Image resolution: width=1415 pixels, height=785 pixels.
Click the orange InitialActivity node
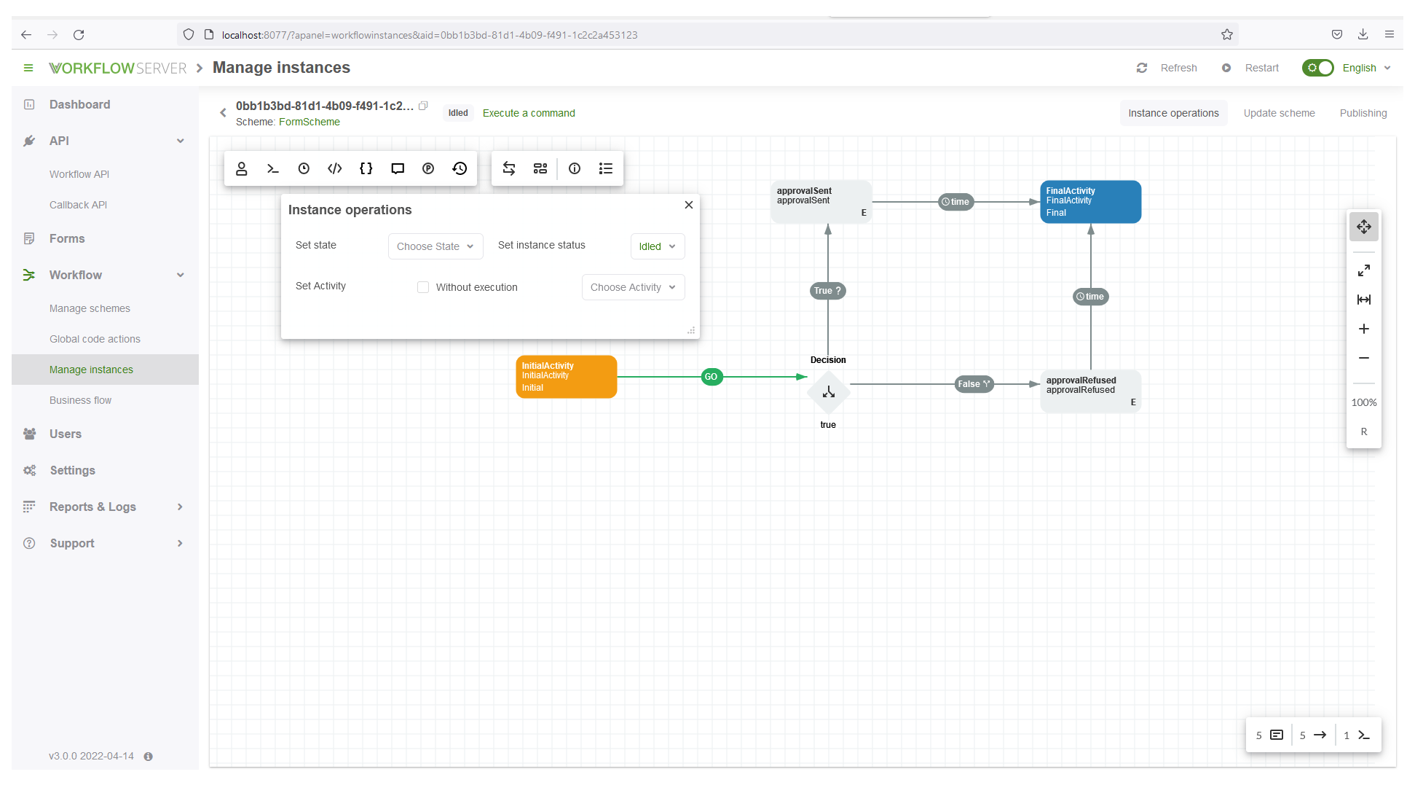566,376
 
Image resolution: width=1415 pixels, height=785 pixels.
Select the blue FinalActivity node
1090,202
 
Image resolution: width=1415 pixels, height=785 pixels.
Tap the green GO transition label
711,377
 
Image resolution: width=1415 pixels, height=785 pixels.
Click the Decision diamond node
828,392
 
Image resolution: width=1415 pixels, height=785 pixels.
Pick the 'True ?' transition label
827,291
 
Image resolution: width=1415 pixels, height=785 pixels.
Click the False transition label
974,384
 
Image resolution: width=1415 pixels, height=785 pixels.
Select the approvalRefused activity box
1090,391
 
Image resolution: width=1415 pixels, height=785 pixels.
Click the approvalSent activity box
821,202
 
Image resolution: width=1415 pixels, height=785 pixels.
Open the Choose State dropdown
435,246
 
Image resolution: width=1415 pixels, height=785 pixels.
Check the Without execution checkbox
423,287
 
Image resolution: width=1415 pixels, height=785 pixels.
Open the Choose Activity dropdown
632,287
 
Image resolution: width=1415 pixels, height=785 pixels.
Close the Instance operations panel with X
688,205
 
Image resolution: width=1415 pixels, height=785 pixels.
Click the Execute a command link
528,113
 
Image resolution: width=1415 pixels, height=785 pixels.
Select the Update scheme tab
1278,113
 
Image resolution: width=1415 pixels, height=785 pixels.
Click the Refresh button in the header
1167,68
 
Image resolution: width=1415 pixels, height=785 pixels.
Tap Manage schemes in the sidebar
90,308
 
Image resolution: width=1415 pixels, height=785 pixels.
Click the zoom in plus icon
1363,329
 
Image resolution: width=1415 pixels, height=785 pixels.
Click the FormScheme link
309,122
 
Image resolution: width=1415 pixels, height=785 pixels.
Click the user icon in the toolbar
241,168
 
